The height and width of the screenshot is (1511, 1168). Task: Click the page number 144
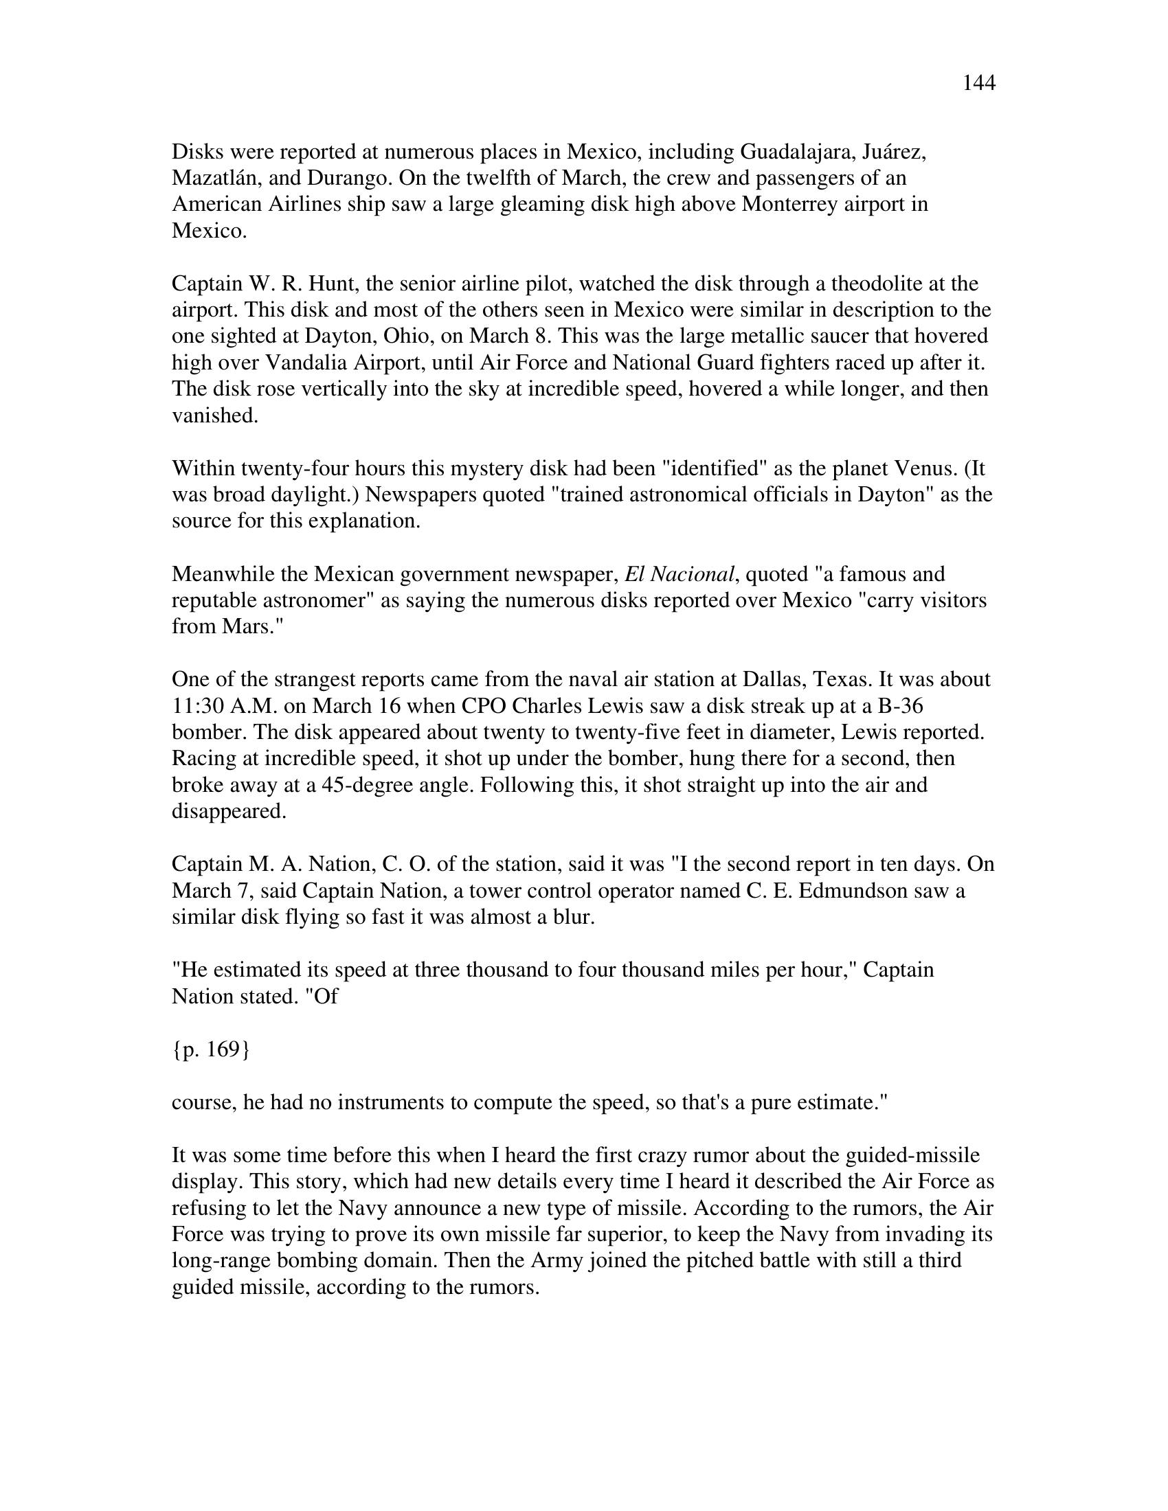[x=978, y=84]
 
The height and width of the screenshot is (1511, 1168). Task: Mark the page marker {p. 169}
[x=210, y=1049]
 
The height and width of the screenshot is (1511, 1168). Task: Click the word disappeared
[x=228, y=812]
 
